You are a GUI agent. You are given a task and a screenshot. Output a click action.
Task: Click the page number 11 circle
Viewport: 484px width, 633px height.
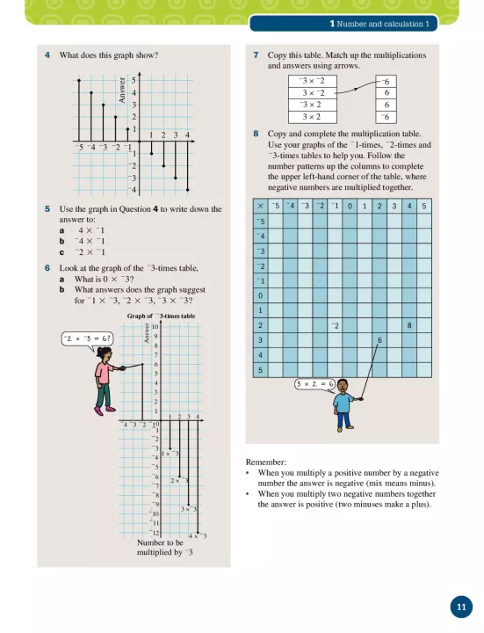461,607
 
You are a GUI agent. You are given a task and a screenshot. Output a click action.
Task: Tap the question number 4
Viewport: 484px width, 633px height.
47,55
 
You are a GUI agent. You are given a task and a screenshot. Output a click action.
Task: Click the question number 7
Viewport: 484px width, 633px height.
256,55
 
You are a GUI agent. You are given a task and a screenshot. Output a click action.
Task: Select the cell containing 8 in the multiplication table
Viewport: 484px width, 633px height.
409,325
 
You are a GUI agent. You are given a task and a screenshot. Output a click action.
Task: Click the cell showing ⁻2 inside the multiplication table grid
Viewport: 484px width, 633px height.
335,325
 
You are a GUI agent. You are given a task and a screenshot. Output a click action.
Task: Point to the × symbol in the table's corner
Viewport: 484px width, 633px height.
260,206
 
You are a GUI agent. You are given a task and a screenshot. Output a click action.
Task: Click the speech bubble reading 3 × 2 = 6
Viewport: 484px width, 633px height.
315,384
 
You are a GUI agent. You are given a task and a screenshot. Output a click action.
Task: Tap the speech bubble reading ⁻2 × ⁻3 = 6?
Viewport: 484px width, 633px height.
87,338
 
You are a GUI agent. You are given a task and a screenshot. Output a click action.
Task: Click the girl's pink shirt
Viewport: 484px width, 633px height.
104,374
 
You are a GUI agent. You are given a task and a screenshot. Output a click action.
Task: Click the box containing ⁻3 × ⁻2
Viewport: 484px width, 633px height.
312,81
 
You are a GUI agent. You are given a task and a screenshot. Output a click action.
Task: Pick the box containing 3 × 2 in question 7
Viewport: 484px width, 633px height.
312,117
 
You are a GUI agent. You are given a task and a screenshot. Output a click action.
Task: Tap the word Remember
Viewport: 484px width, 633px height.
265,462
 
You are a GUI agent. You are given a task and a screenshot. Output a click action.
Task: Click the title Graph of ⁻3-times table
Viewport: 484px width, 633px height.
161,316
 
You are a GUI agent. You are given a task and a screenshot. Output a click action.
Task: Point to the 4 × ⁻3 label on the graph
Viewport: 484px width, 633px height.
198,536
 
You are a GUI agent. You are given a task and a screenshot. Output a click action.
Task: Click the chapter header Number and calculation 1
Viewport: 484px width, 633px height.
379,24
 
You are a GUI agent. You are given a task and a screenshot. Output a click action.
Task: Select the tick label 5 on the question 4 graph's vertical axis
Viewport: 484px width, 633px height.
134,80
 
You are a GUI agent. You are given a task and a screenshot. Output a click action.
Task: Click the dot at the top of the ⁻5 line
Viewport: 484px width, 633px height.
79,80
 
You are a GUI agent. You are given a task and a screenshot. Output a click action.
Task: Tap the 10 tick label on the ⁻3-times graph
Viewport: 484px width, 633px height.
155,326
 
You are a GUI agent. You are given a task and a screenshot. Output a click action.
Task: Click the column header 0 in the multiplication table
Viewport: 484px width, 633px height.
350,206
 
